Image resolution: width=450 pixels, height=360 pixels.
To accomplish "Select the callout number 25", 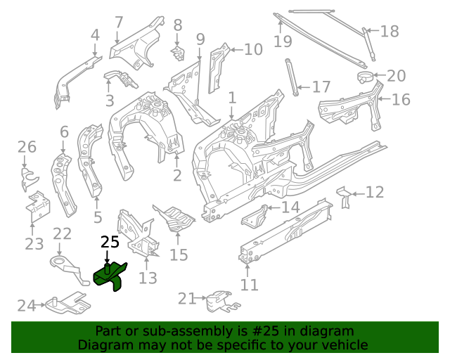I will (110, 243).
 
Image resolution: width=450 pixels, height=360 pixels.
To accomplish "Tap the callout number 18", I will (390, 31).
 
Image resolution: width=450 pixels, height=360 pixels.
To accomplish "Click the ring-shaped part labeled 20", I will (364, 77).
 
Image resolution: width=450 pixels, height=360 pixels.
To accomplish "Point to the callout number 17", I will (321, 87).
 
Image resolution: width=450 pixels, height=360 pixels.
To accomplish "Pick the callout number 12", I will (375, 192).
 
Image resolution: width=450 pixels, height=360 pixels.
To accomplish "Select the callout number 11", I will (250, 285).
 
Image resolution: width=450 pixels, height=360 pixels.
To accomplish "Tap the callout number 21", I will (186, 299).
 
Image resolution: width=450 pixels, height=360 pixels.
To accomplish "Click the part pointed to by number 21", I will (219, 302).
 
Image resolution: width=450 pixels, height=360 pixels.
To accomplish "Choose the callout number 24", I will (26, 305).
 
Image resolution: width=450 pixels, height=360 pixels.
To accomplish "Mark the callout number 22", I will (62, 234).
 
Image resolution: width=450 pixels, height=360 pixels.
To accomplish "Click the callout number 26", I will (27, 147).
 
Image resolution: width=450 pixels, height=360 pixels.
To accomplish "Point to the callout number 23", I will (34, 244).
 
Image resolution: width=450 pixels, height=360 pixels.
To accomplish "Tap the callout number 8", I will (178, 25).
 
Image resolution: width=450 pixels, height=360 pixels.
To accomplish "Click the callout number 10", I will (252, 49).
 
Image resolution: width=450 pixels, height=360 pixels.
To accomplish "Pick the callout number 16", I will (400, 99).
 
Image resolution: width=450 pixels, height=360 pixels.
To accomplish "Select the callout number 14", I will (290, 207).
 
